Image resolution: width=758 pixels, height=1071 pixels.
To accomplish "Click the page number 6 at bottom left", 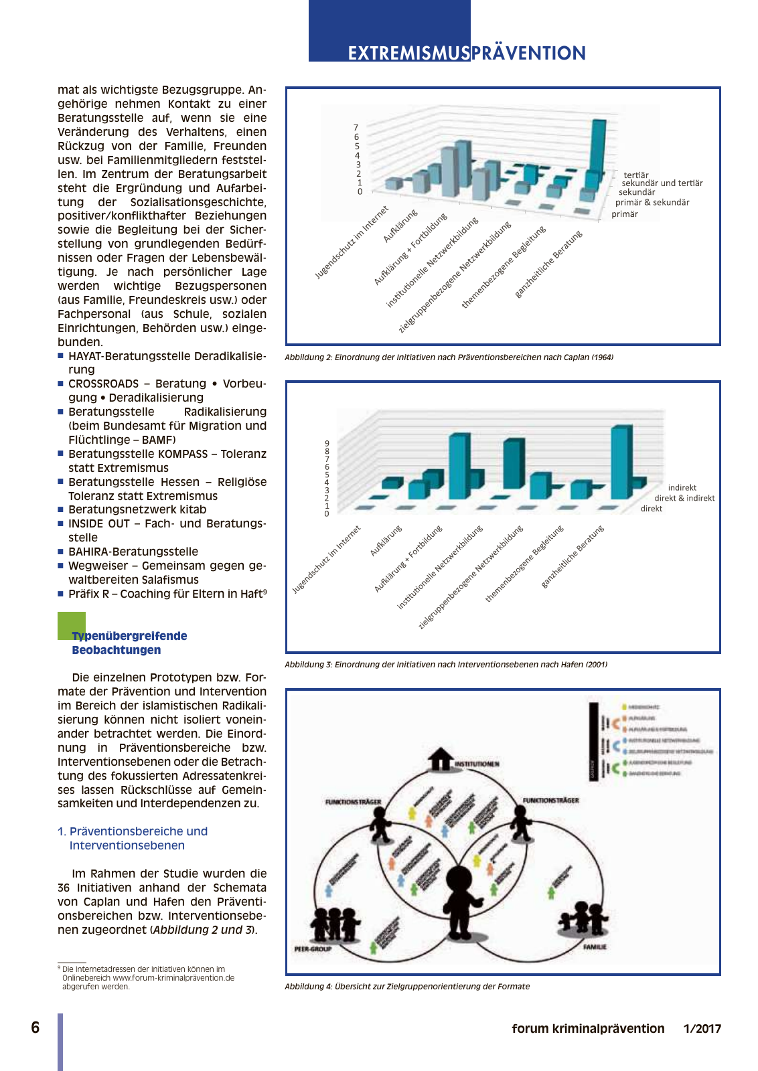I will (35, 1027).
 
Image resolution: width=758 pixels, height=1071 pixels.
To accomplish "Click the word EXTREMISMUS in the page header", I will (408, 54).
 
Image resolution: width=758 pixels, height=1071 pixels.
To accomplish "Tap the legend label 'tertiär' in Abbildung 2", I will (635, 175).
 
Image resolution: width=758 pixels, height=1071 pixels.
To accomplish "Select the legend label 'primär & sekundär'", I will (652, 202).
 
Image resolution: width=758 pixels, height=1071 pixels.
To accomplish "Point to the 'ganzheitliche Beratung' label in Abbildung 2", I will (549, 264).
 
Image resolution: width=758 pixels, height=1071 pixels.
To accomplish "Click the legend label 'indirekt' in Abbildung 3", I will (682, 488).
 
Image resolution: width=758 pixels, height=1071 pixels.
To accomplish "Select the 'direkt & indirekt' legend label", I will (684, 498).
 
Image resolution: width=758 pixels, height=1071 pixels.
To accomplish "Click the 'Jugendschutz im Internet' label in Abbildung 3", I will (327, 560).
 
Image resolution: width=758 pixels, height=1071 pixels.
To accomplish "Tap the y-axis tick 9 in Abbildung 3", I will (327, 444).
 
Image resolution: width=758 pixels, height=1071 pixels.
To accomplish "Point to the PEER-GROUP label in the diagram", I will (313, 949).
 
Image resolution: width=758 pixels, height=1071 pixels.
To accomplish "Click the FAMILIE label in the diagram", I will (594, 947).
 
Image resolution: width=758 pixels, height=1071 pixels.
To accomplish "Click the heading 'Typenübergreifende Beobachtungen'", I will (129, 643).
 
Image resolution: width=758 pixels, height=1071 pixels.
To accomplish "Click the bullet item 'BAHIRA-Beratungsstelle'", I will (133, 552).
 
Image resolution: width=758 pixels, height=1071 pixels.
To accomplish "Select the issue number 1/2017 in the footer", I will (702, 1029).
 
